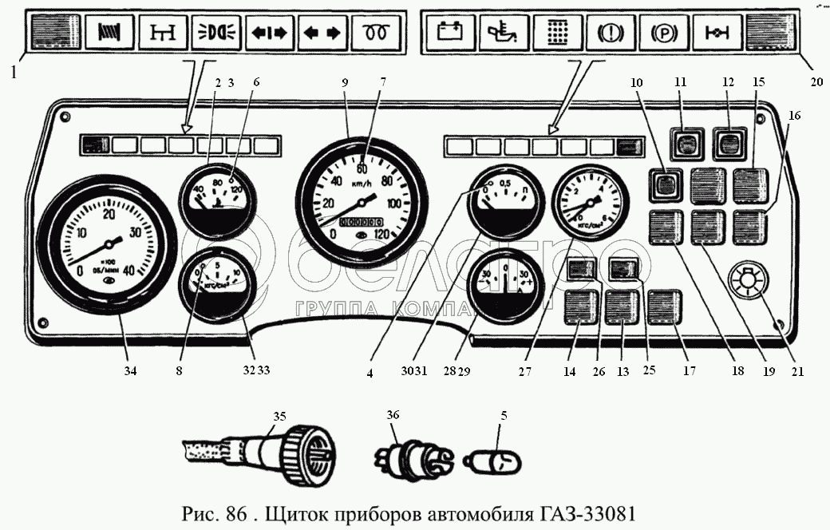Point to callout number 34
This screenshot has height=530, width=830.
pos(128,370)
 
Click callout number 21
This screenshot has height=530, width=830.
pos(796,370)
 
